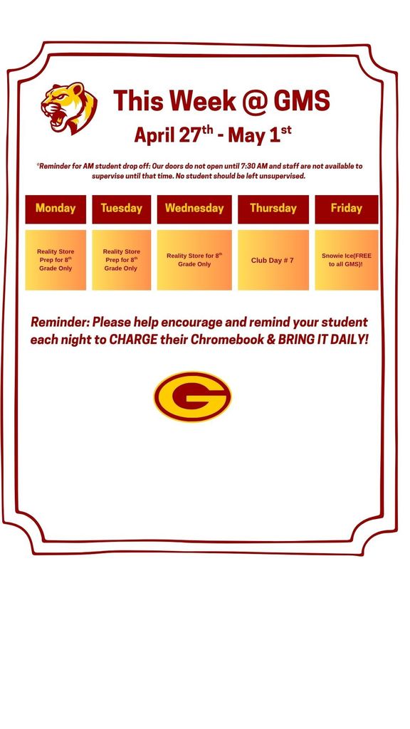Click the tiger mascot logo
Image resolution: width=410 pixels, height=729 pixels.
(x=68, y=107)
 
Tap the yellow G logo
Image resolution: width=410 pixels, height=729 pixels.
(x=192, y=397)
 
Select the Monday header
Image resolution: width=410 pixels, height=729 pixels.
(x=56, y=209)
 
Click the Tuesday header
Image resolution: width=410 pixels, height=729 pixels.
(x=121, y=209)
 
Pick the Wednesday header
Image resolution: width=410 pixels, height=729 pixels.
(x=194, y=209)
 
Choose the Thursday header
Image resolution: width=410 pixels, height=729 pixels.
(x=273, y=209)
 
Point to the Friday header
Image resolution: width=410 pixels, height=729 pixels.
(x=347, y=209)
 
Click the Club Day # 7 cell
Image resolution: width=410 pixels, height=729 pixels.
(x=272, y=261)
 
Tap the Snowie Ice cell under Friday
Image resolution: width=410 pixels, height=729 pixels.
(x=347, y=260)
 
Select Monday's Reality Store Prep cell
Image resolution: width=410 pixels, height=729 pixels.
(x=56, y=260)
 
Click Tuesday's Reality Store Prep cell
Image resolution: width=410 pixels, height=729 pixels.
(x=121, y=260)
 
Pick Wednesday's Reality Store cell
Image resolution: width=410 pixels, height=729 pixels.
(x=194, y=260)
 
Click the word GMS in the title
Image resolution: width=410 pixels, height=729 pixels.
(x=302, y=101)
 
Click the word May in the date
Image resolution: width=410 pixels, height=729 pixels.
(x=247, y=135)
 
